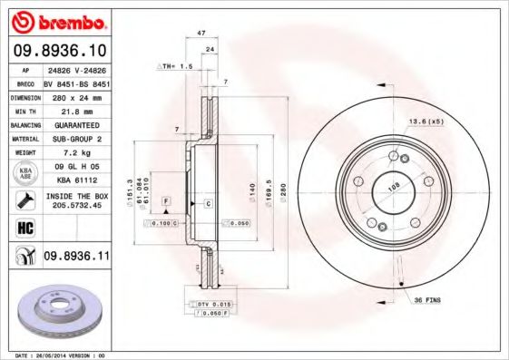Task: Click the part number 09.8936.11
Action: pyautogui.click(x=76, y=258)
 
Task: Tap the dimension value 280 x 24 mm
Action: pyautogui.click(x=76, y=95)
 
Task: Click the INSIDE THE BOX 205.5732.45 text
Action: pyautogui.click(x=76, y=200)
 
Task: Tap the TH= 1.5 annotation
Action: pyautogui.click(x=177, y=66)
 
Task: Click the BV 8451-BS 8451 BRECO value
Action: pyautogui.click(x=76, y=81)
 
